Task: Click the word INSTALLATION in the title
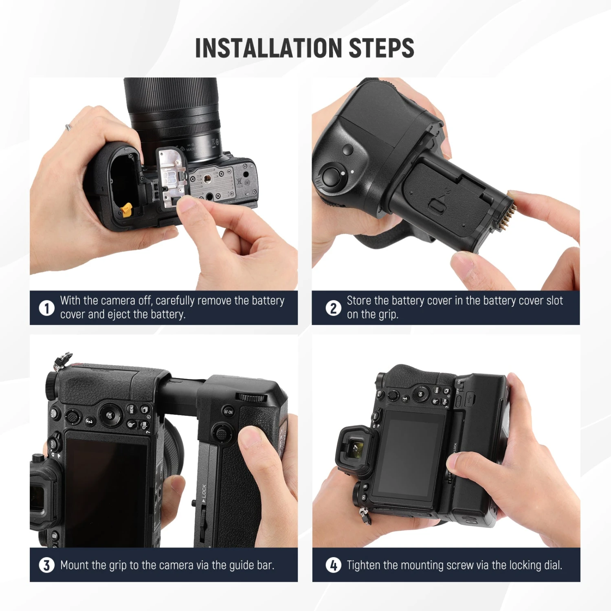tap(269, 48)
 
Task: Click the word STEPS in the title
tap(381, 48)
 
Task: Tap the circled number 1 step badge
tap(46, 308)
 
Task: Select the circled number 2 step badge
tap(333, 308)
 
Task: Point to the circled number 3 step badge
tap(46, 565)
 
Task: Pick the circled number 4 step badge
tap(333, 565)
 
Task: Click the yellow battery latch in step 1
tap(126, 209)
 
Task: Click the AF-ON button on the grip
tap(228, 411)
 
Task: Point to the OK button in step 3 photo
tap(109, 415)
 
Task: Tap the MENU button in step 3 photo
tap(132, 409)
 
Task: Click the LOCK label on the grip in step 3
tap(203, 491)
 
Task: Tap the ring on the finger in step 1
tap(68, 127)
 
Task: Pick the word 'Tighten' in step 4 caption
tap(363, 565)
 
